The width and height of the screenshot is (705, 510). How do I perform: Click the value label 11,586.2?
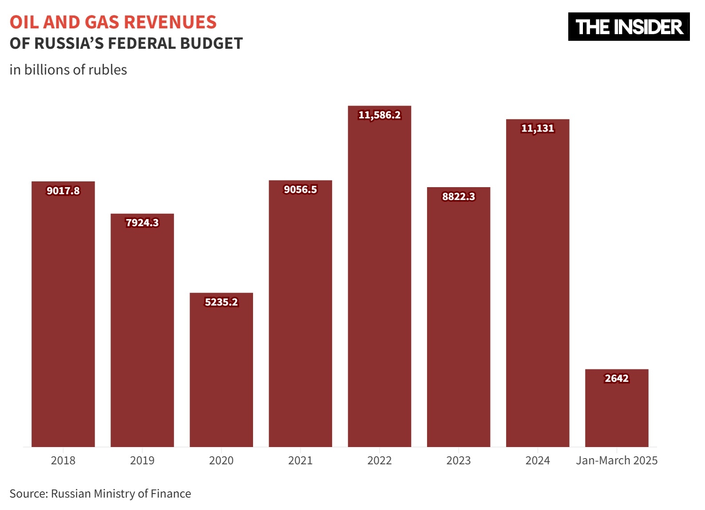click(x=379, y=115)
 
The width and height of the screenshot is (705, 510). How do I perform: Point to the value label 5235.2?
click(x=221, y=302)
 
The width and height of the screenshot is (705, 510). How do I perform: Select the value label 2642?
click(x=617, y=379)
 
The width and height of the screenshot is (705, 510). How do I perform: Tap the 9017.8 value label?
click(x=63, y=191)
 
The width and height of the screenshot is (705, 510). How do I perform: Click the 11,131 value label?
click(x=538, y=129)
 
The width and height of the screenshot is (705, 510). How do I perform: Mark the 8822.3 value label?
click(x=459, y=197)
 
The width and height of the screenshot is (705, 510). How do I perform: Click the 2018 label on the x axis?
click(x=63, y=461)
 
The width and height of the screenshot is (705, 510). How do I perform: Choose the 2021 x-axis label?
click(x=300, y=461)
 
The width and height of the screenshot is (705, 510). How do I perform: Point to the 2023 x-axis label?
click(x=459, y=461)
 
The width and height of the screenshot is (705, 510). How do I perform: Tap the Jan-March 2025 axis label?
click(x=617, y=461)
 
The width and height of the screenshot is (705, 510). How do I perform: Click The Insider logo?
click(x=629, y=27)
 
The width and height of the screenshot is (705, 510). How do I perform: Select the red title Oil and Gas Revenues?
click(x=113, y=22)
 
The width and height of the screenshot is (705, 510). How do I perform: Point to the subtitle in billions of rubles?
click(x=68, y=70)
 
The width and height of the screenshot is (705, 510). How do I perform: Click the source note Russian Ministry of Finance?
click(x=121, y=494)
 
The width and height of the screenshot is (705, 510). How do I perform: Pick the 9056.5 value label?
click(x=300, y=190)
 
